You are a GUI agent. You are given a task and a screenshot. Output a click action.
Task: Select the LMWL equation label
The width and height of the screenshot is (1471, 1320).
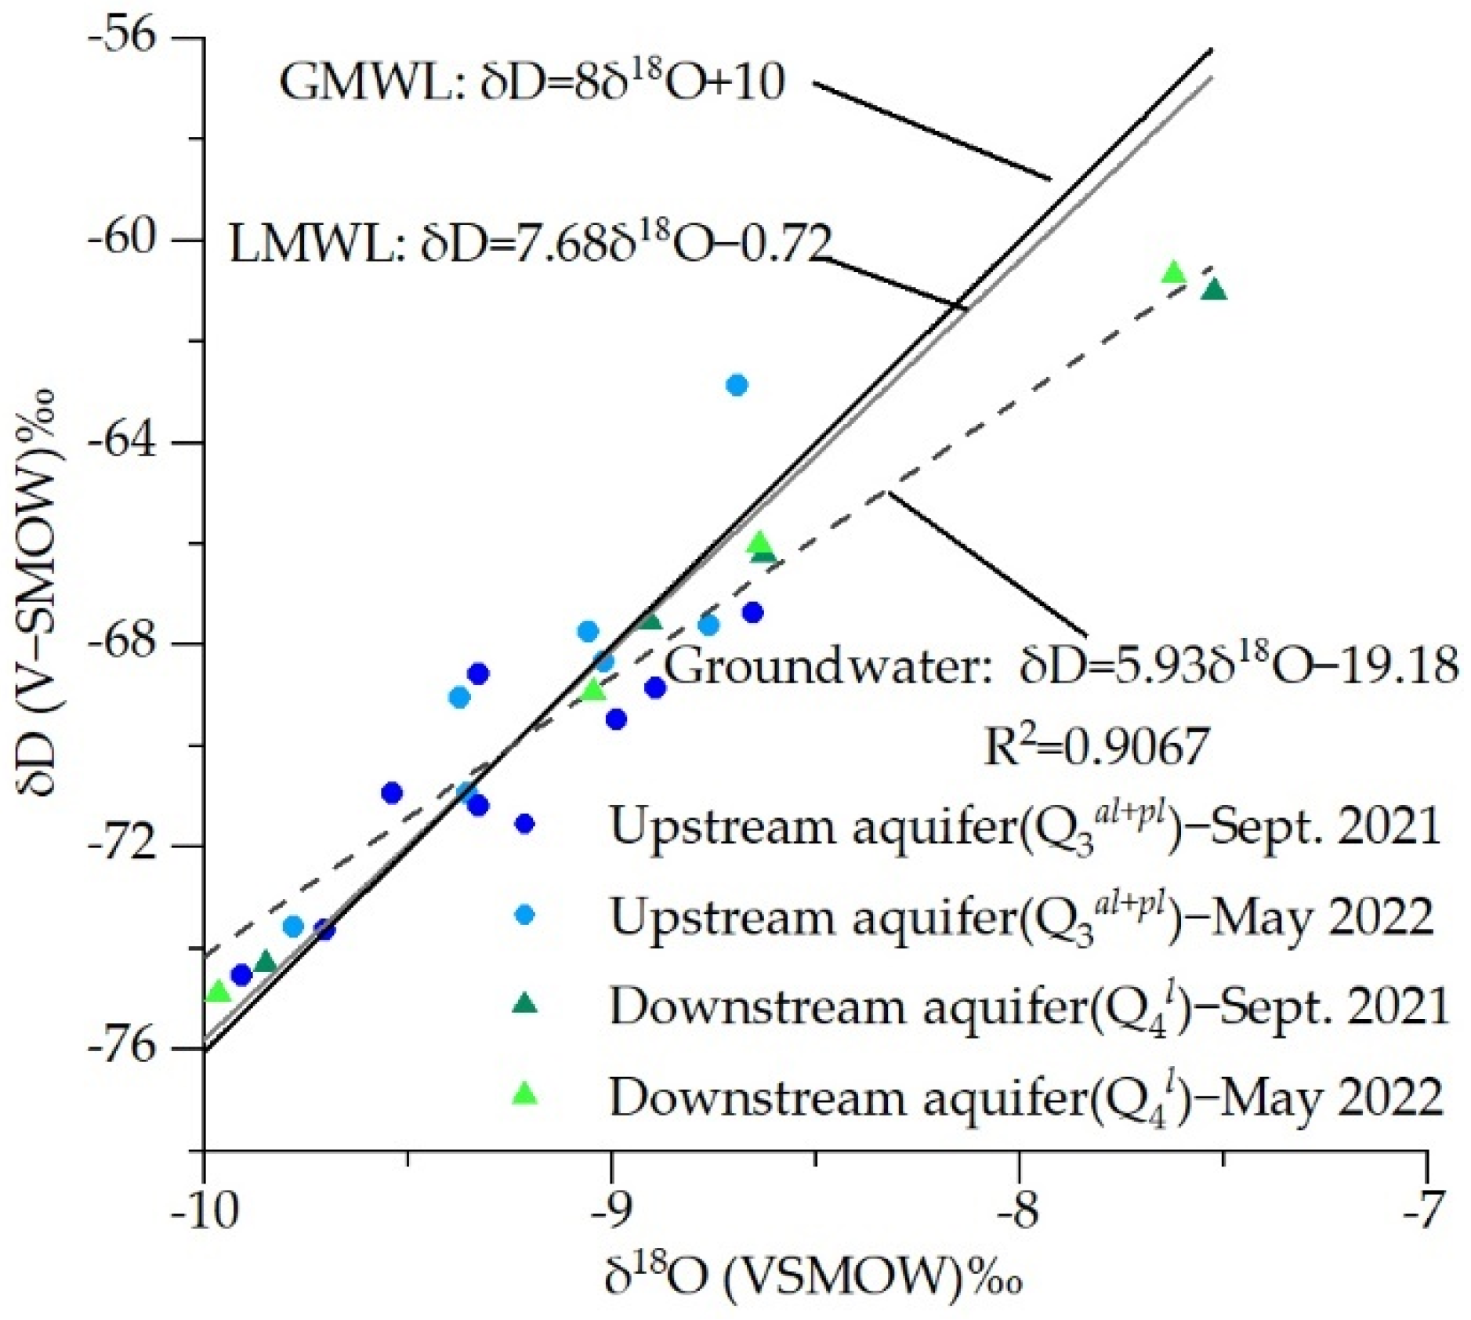[x=529, y=244]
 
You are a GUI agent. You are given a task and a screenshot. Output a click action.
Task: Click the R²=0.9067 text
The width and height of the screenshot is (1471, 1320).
[x=1096, y=746]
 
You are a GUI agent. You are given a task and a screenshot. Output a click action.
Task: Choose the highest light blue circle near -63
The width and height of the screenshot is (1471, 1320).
[x=736, y=385]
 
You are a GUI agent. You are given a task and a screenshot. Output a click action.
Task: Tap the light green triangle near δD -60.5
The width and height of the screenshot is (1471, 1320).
[x=1172, y=272]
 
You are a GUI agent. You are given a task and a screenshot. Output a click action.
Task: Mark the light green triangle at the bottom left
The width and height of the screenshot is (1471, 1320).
[x=218, y=992]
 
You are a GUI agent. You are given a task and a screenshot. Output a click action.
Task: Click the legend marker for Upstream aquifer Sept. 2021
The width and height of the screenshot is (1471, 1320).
[x=524, y=823]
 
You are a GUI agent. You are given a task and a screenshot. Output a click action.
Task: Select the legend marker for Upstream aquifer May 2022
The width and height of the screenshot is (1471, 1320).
[x=524, y=914]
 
